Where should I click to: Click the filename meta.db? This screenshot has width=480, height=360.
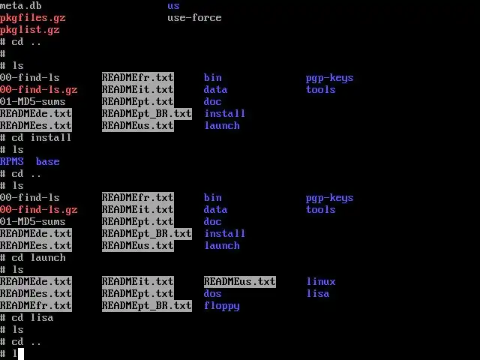pyautogui.click(x=21, y=6)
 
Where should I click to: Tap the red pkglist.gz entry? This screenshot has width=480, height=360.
pyautogui.click(x=30, y=30)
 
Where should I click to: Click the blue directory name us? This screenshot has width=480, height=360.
pyautogui.click(x=173, y=6)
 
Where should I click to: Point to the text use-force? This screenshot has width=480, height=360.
pyautogui.click(x=194, y=18)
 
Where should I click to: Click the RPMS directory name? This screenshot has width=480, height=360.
pyautogui.click(x=12, y=162)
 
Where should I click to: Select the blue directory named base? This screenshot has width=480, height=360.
pyautogui.click(x=47, y=162)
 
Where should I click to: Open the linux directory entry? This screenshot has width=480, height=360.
pyautogui.click(x=321, y=282)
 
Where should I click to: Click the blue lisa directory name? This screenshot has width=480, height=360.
pyautogui.click(x=318, y=294)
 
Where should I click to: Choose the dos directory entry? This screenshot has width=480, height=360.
pyautogui.click(x=213, y=294)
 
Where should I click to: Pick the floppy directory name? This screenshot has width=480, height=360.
pyautogui.click(x=222, y=306)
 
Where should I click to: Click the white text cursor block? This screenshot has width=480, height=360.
pyautogui.click(x=21, y=353)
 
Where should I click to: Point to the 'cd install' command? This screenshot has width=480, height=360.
pyautogui.click(x=41, y=138)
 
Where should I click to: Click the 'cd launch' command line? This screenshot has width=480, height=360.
pyautogui.click(x=38, y=258)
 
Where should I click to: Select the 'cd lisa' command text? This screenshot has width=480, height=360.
pyautogui.click(x=32, y=318)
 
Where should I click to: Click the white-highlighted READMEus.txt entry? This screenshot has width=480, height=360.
pyautogui.click(x=240, y=282)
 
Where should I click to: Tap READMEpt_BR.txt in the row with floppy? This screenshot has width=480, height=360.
pyautogui.click(x=147, y=306)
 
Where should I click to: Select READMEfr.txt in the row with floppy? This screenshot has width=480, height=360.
pyautogui.click(x=36, y=306)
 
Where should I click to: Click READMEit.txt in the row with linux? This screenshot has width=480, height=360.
pyautogui.click(x=138, y=282)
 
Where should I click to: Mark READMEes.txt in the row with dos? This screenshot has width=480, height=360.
pyautogui.click(x=36, y=294)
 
